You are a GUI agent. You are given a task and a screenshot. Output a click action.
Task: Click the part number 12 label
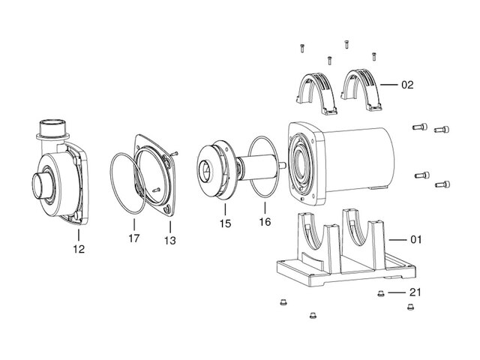coord(79,249)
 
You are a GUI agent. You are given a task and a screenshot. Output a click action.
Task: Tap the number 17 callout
coord(134,238)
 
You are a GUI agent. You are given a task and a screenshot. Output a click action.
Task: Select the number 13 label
coord(170,241)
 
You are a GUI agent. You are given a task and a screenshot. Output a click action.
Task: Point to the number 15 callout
coord(225,223)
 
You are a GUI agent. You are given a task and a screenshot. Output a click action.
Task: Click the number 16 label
coord(265,222)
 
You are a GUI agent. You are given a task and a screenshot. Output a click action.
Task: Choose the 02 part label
coord(407,85)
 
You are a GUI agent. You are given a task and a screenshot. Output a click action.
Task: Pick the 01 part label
coord(415,239)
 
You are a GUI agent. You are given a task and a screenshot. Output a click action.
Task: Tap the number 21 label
coord(415,292)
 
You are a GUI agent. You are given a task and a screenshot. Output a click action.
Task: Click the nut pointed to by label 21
coord(380,293)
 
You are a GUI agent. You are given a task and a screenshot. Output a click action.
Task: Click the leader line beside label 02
coord(388,85)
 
